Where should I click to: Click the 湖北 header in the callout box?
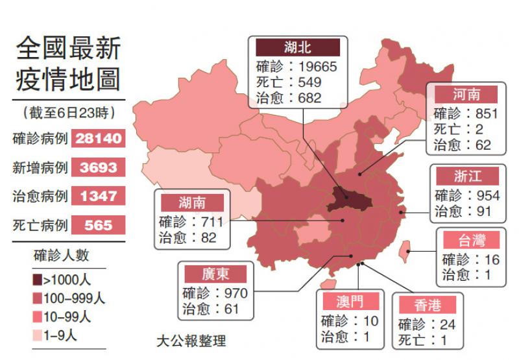[x=297, y=47]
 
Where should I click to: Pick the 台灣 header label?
[x=472, y=241]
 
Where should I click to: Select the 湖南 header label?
[x=191, y=202]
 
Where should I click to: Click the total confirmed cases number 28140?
[x=98, y=138]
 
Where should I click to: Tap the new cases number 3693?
[x=98, y=167]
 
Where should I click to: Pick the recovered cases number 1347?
[x=98, y=196]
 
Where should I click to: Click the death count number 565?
[x=98, y=225]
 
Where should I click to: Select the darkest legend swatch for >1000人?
[x=38, y=280]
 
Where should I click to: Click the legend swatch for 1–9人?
[x=38, y=335]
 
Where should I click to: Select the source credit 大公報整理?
[x=191, y=341]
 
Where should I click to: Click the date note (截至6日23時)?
[x=68, y=112]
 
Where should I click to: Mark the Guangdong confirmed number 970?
[x=232, y=293]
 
